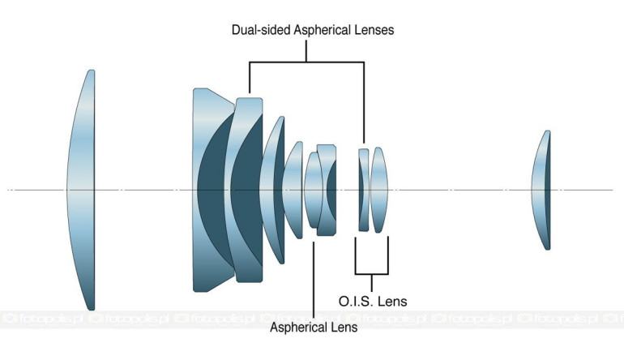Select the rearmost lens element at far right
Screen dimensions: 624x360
[x=542, y=190]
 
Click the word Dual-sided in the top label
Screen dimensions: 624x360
[x=261, y=30]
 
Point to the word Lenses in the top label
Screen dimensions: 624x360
[x=371, y=30]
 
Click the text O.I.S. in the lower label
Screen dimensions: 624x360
[x=356, y=301]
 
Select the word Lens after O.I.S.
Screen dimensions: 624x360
[x=391, y=301]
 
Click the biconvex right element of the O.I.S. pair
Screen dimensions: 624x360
[x=379, y=190]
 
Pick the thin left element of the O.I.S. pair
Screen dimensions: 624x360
[x=364, y=190]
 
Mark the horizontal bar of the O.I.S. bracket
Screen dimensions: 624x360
[x=372, y=274]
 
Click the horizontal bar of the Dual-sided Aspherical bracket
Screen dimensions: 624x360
[x=306, y=62]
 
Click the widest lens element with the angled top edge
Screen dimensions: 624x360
[x=213, y=190]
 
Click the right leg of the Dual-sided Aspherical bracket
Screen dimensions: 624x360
[x=364, y=102]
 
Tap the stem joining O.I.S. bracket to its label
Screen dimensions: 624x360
[x=372, y=283]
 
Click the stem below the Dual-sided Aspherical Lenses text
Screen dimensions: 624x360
[x=306, y=50]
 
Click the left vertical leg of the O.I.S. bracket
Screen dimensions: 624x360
[x=356, y=255]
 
